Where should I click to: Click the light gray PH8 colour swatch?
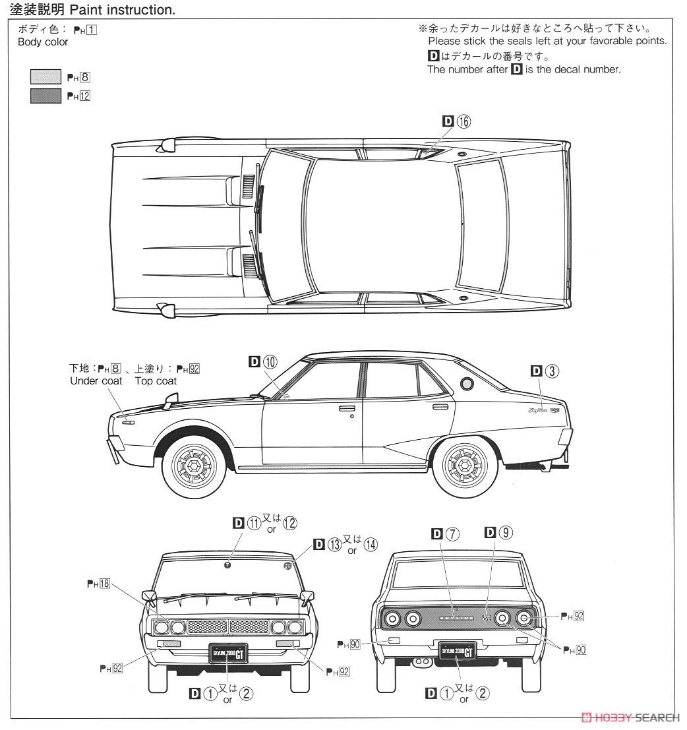point(45,77)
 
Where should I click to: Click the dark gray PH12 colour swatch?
point(45,96)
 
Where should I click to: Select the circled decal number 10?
point(270,361)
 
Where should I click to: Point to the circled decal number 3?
point(553,371)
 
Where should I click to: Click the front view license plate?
point(227,653)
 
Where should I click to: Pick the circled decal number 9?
point(506,533)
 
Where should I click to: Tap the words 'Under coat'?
point(96,380)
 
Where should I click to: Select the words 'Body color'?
point(43,42)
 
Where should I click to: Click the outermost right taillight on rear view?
point(525,619)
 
